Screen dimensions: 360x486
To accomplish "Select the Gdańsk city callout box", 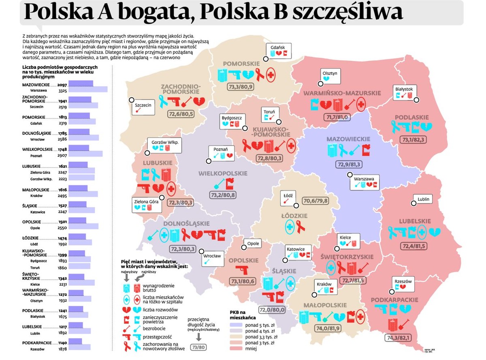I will [278, 51].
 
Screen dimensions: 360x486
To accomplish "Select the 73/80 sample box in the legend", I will [199, 347].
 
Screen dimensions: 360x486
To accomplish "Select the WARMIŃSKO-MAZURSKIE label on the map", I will [342, 93].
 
